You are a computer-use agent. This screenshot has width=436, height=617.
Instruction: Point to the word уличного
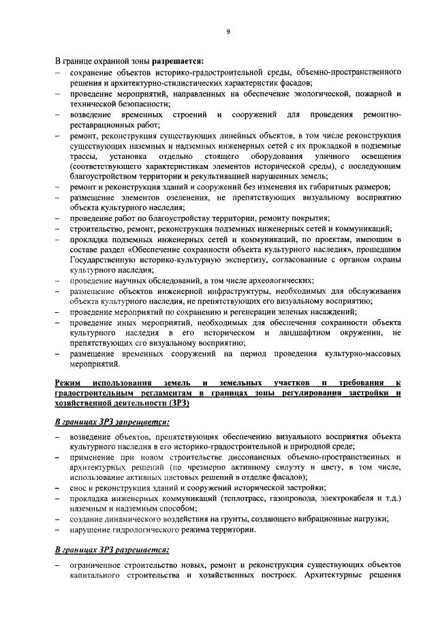pyautogui.click(x=322, y=157)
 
